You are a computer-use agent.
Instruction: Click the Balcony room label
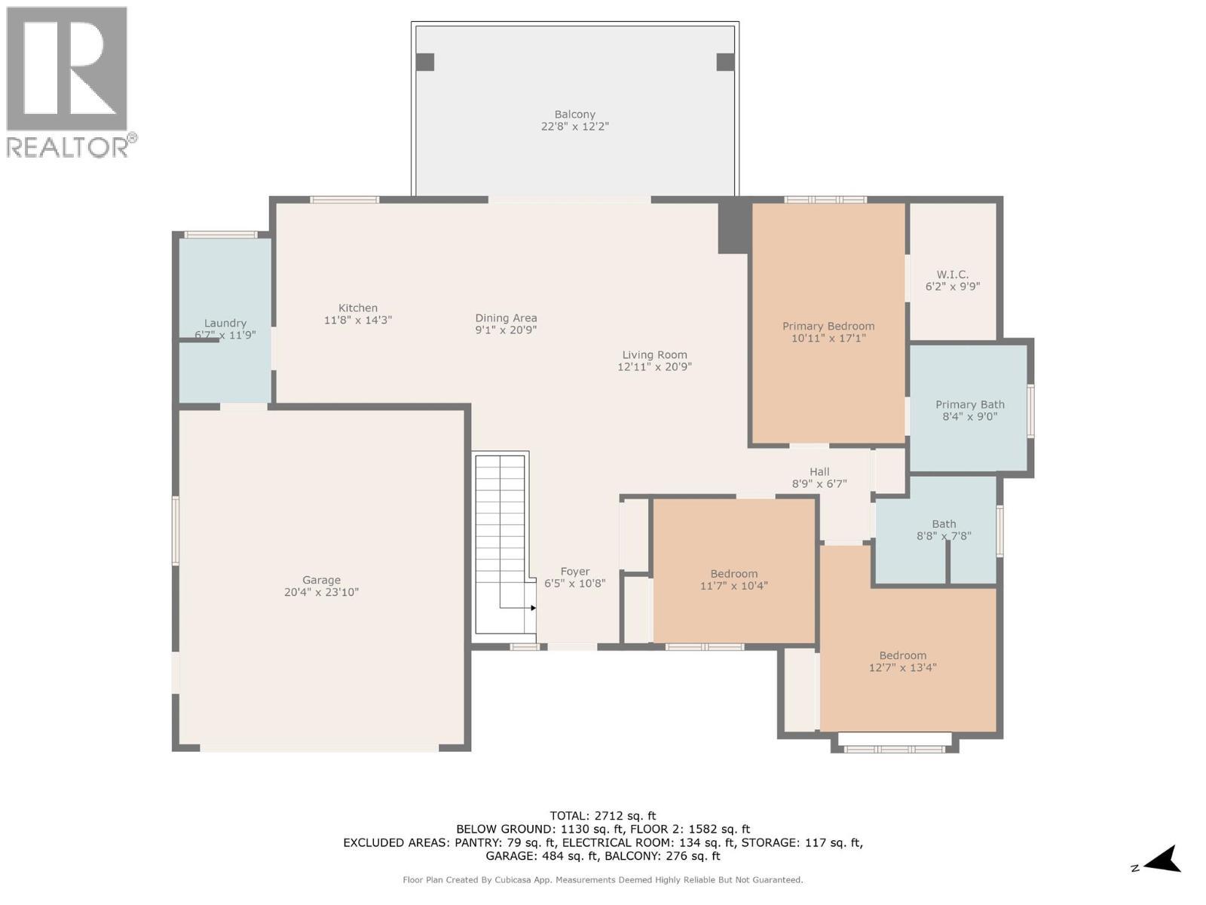(x=574, y=115)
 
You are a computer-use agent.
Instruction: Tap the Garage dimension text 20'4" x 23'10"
(x=321, y=593)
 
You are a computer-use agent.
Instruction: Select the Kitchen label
(x=357, y=308)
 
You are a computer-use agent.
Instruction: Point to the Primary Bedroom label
(x=828, y=327)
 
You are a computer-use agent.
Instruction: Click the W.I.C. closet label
(x=952, y=275)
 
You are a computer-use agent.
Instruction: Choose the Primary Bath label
(x=969, y=404)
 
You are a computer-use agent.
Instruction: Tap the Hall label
(x=819, y=472)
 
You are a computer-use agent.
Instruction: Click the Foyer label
(x=574, y=572)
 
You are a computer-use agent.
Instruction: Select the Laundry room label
(x=225, y=323)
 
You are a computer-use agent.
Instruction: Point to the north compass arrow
(x=1165, y=859)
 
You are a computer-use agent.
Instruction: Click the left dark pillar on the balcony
(x=425, y=62)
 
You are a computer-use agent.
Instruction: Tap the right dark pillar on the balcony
(x=725, y=62)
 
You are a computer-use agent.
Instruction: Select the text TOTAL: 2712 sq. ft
(x=602, y=815)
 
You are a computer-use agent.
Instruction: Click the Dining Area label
(x=506, y=318)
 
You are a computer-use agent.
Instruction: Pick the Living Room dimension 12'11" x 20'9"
(x=654, y=367)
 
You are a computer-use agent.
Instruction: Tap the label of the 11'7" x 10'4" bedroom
(x=733, y=574)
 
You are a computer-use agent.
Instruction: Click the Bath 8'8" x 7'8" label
(x=944, y=524)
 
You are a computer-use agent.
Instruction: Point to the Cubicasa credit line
(x=602, y=880)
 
